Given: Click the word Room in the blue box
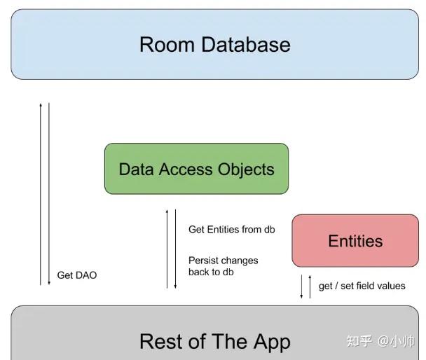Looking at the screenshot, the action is coord(167,44).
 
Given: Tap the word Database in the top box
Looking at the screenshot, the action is coord(246,44).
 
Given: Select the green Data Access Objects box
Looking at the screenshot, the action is coord(196,169).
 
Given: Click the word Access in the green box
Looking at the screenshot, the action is coord(186,169).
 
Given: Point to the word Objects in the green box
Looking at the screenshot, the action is coord(246,170).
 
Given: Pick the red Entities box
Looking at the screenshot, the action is coord(355,240).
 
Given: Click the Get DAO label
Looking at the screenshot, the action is coord(77,275).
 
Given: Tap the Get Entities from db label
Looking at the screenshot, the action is coord(232,230).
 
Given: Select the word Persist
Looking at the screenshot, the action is coord(205,261).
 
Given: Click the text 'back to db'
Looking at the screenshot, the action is coord(211,272).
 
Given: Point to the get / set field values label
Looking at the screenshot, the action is coord(362,286).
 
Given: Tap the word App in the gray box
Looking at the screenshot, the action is coord(273,342).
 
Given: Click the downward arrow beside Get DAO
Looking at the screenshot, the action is coord(49,194).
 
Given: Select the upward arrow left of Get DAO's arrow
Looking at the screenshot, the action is coord(41,194).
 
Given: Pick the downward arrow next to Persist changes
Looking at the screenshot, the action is coord(175,249).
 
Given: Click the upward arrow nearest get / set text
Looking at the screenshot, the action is coord(310,286).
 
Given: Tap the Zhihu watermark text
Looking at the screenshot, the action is coord(380,341).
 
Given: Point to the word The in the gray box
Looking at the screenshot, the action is coord(229,341).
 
